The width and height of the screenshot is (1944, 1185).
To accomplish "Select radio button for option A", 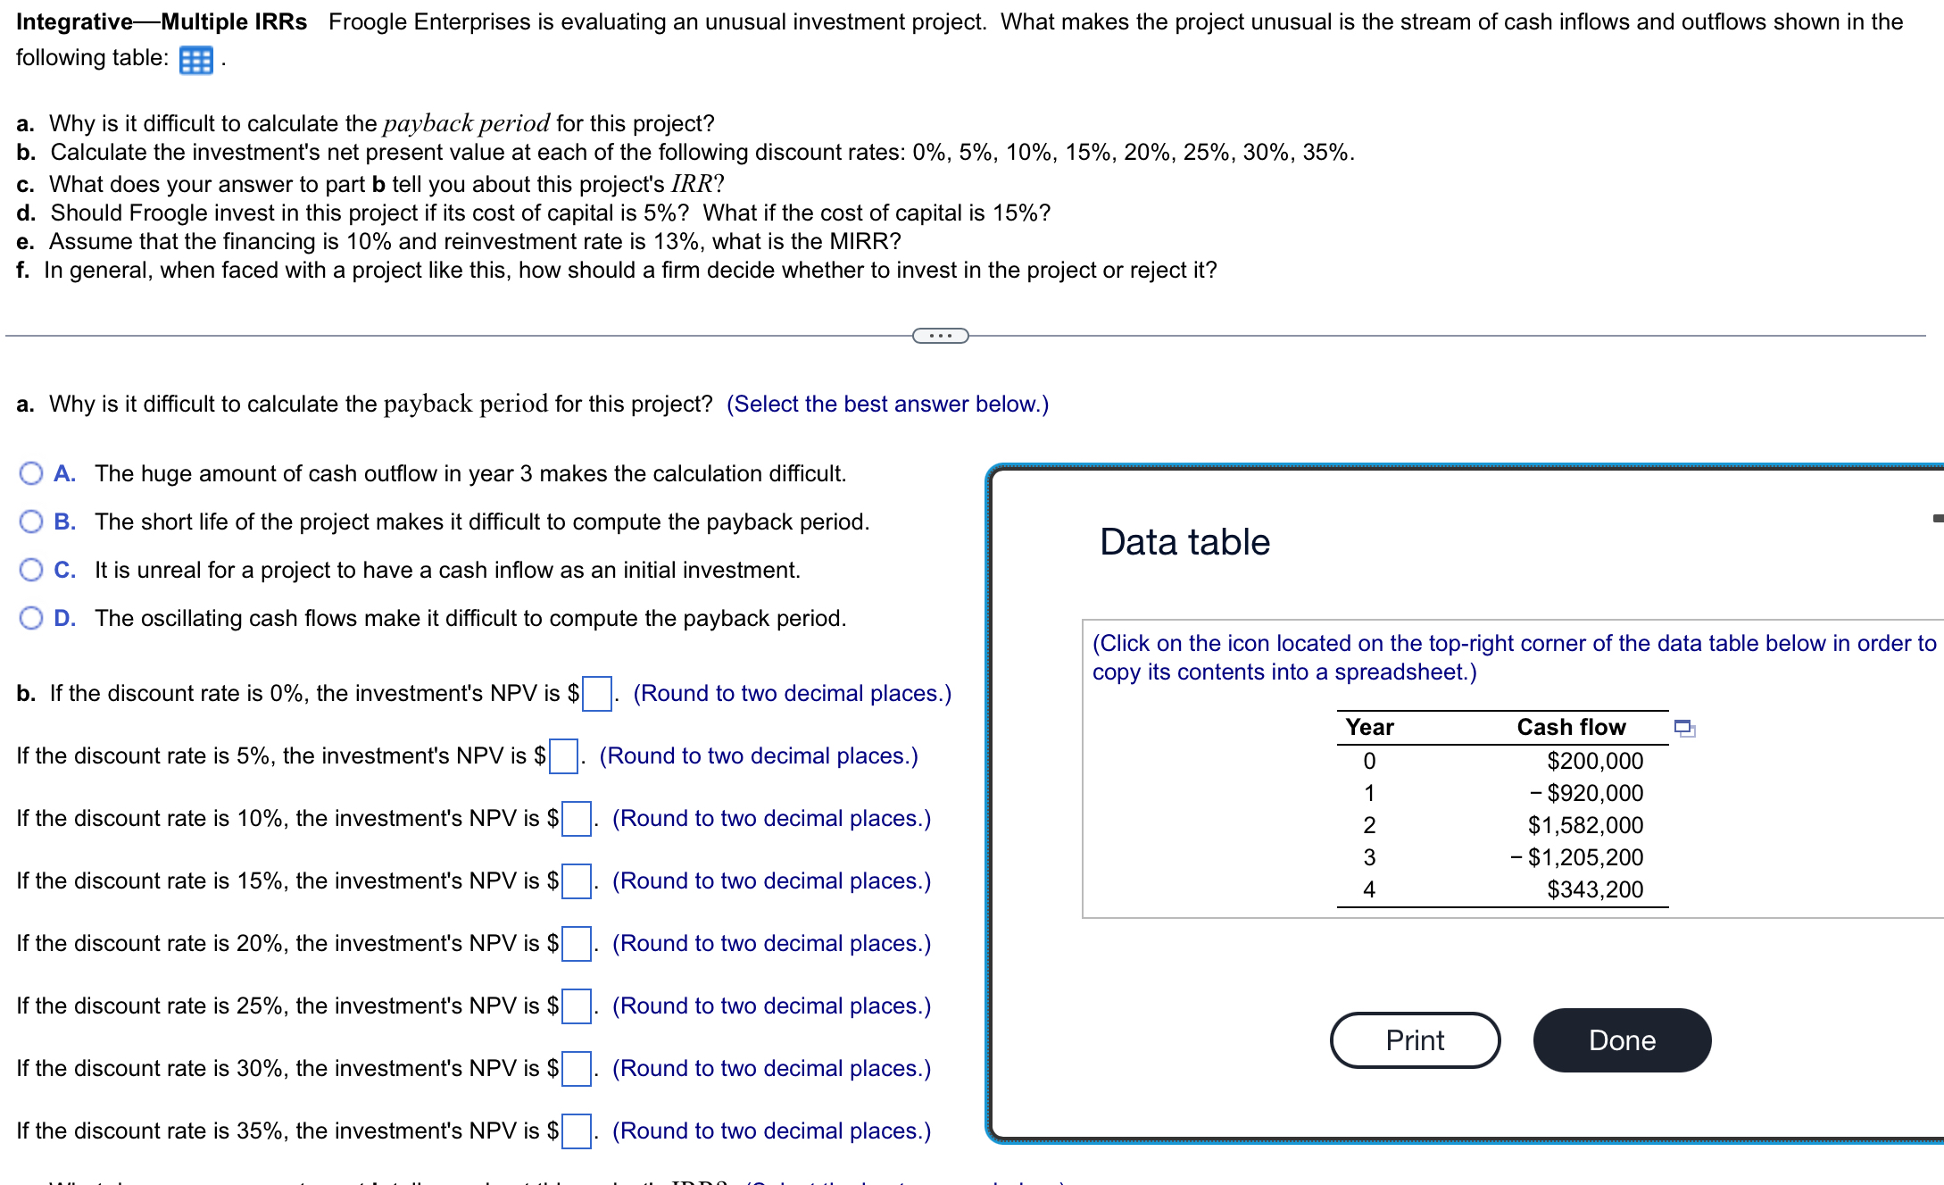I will [x=31, y=473].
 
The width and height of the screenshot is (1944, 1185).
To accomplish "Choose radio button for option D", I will [x=31, y=618].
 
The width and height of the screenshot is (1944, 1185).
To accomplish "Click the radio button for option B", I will [x=31, y=522].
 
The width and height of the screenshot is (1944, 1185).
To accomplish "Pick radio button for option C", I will [x=31, y=570].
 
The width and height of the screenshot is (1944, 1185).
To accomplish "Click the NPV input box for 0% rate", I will [x=596, y=694].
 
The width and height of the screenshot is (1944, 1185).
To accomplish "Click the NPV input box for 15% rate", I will [x=576, y=881].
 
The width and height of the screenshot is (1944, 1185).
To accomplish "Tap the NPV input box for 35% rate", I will [x=576, y=1131].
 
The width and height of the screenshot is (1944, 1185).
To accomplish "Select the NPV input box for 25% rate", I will [x=576, y=1006].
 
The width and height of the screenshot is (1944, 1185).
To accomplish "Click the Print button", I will [x=1415, y=1040].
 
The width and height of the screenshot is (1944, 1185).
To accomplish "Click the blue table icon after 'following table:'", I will [x=195, y=60].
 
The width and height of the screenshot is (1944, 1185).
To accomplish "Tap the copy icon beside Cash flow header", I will [x=1684, y=729].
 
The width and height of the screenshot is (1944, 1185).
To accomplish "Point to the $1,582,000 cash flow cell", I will [x=1585, y=825].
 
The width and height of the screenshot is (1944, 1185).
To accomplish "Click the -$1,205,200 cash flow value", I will [x=1576, y=857].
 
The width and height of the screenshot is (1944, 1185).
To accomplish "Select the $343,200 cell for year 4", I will [x=1595, y=889].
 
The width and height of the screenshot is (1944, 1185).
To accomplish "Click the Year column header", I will [x=1369, y=727].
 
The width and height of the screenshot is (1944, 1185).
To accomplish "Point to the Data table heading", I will [x=1184, y=542].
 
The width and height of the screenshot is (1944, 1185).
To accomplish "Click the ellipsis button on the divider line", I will [x=940, y=336].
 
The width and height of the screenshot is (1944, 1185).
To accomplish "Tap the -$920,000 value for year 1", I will [x=1586, y=793].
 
